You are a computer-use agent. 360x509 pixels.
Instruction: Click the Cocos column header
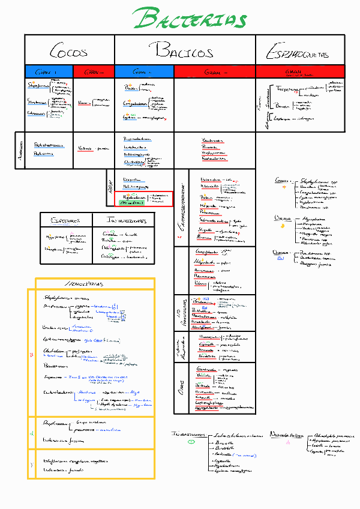68,50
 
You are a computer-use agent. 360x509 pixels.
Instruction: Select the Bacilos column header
184,50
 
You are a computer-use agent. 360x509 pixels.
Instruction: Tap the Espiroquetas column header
298,53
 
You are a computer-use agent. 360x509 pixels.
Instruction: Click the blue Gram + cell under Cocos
49,71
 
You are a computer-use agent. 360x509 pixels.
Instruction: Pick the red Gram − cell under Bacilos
214,71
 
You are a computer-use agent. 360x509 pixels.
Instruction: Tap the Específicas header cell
66,220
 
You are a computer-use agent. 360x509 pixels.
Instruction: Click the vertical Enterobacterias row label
181,206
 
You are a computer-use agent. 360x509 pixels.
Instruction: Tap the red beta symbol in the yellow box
32,355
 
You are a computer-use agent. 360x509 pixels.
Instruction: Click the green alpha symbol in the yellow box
32,432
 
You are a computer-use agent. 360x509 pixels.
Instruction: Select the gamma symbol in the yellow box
32,465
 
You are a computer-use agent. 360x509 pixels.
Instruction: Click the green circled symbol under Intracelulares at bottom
191,442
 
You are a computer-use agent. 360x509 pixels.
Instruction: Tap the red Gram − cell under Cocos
93,71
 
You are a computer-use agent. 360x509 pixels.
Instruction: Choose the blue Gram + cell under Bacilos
144,71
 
